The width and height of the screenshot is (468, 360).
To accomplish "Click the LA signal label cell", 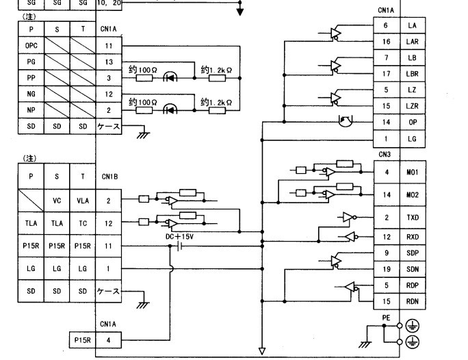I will pos(412,25).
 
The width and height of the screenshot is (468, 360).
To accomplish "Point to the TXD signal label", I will pos(412,218).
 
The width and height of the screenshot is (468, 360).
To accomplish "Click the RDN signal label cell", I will pos(412,301).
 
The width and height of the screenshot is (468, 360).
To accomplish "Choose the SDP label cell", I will pos(412,253).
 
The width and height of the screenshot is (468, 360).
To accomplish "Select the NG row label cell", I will pos(30,94).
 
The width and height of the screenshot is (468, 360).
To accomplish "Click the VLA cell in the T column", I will pos(83,201).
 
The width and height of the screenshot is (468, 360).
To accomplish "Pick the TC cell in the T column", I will pos(83,223).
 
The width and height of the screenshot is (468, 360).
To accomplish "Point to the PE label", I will pos(387,318).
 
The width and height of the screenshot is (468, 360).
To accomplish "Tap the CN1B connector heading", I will pos(109,176).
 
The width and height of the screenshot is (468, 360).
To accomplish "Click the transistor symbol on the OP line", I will pos(346,122).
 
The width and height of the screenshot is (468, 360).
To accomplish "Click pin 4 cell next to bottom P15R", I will pos(108,339).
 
